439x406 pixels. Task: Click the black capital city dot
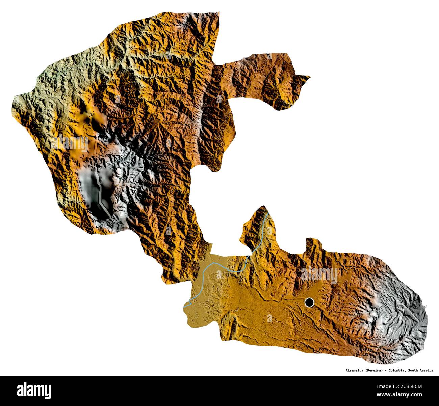click(x=309, y=302)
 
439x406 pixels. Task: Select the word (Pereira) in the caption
click(x=374, y=370)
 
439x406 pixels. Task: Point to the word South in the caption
click(x=414, y=370)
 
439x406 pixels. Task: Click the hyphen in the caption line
click(x=385, y=370)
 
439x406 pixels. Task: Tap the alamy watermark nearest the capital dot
click(x=319, y=275)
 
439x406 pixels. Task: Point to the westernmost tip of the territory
click(x=14, y=98)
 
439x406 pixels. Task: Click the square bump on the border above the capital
click(x=313, y=243)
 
